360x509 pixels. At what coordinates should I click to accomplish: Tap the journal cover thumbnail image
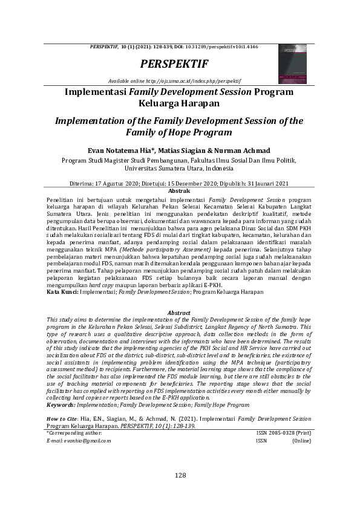click(x=293, y=63)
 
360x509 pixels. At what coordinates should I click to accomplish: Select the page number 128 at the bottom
click(x=180, y=476)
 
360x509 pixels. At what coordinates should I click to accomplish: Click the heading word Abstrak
click(x=179, y=191)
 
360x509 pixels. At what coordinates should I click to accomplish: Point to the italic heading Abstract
click(x=179, y=313)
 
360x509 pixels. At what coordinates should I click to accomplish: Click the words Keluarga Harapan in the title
click(x=179, y=103)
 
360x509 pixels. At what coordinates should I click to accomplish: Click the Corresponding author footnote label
click(x=76, y=433)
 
